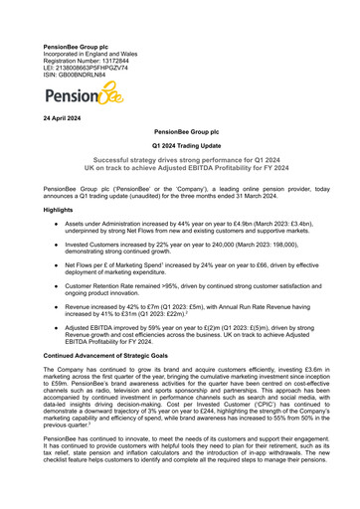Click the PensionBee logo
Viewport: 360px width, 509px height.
(84, 96)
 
